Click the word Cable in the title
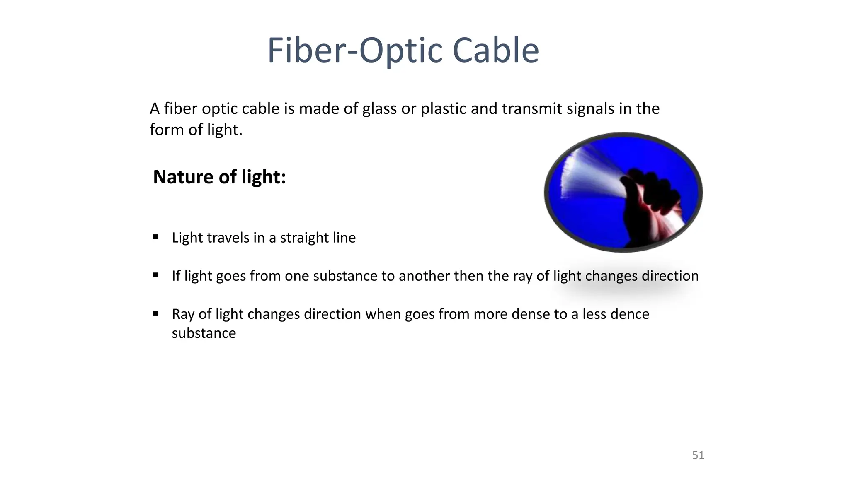[x=495, y=51]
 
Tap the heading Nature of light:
[x=219, y=177]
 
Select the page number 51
[x=698, y=455]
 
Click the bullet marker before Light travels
[x=155, y=237]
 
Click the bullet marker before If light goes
[x=155, y=275]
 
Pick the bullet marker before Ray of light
[x=155, y=313]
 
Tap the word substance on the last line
[x=204, y=333]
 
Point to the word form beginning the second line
[x=167, y=130]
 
